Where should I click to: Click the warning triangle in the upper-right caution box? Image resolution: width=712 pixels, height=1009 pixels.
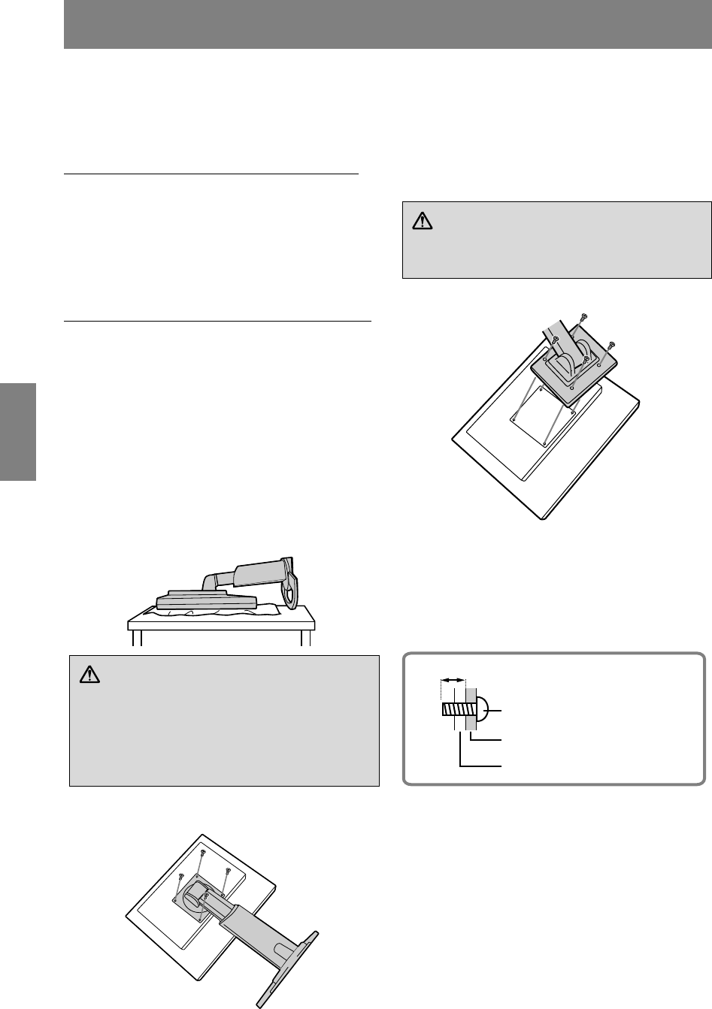(421, 222)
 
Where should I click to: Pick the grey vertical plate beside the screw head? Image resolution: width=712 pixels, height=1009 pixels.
(471, 709)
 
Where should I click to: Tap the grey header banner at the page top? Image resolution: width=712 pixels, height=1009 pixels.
(387, 25)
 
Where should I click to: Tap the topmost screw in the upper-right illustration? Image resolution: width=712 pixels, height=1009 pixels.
(585, 319)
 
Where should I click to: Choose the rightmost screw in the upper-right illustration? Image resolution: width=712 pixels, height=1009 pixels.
(611, 344)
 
